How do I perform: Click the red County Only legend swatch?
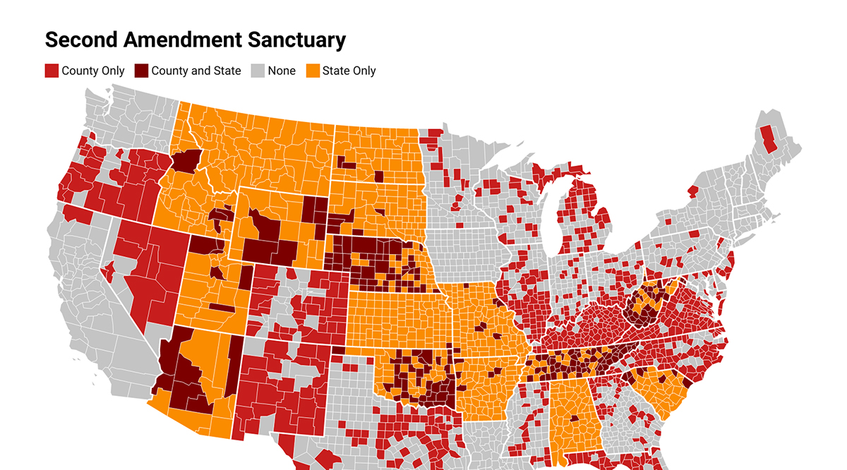(x=52, y=71)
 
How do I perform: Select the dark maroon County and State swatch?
(x=141, y=71)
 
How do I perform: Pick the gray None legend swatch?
(x=258, y=71)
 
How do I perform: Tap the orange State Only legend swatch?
(x=312, y=71)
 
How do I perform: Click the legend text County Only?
(x=93, y=71)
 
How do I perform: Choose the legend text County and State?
(x=196, y=71)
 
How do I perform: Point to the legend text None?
(x=282, y=71)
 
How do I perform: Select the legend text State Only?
(x=349, y=71)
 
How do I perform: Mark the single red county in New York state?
(x=693, y=191)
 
